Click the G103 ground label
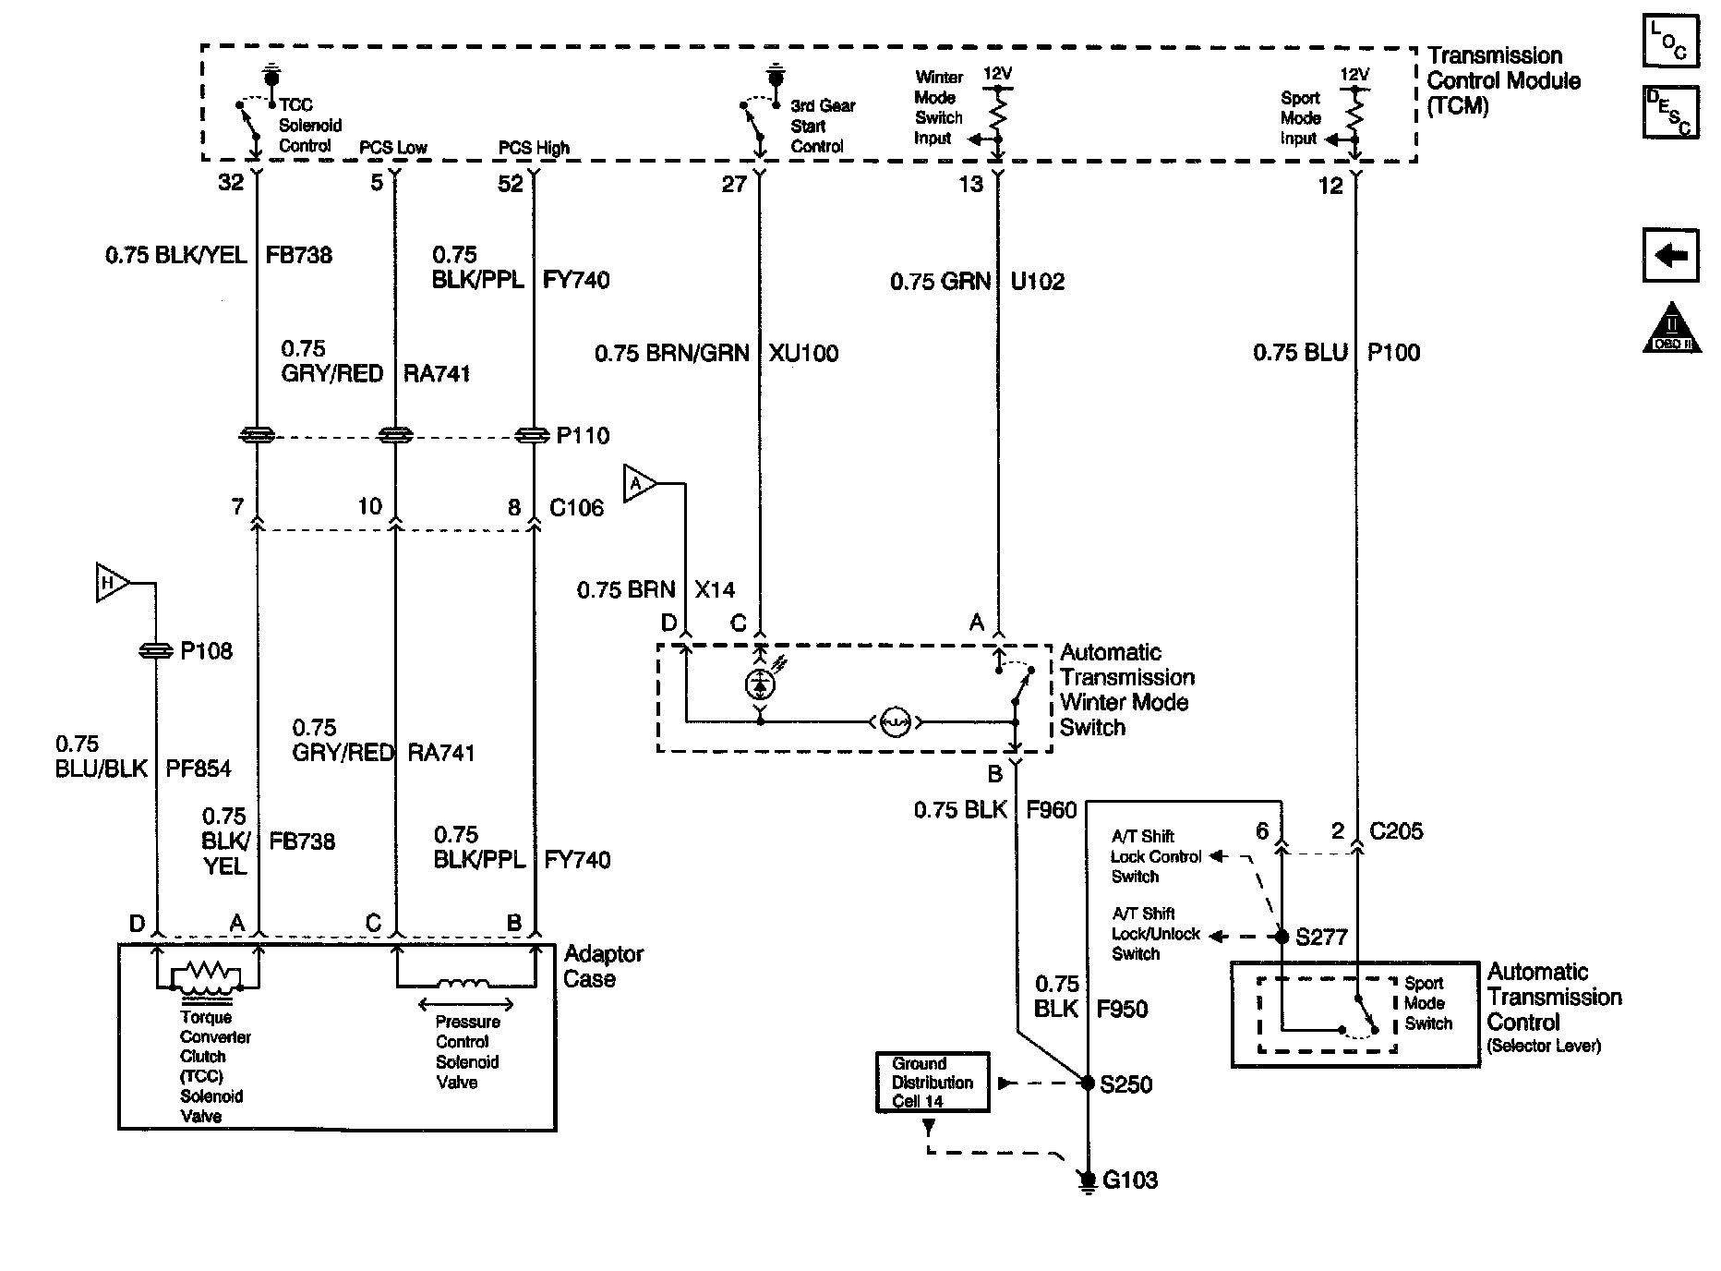(1130, 1180)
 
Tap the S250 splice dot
(1088, 1083)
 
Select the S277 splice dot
(1282, 937)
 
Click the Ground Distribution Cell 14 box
(933, 1082)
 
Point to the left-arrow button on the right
(1670, 255)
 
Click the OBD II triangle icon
(1671, 328)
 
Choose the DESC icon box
(1670, 113)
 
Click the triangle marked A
(640, 483)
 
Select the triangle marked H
(112, 583)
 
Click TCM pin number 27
(734, 185)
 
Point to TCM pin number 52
(511, 184)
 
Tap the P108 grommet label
(206, 651)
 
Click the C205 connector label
(1396, 831)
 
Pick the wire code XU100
(803, 353)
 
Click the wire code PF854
(199, 769)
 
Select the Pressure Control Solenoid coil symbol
(463, 983)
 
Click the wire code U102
(1038, 281)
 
